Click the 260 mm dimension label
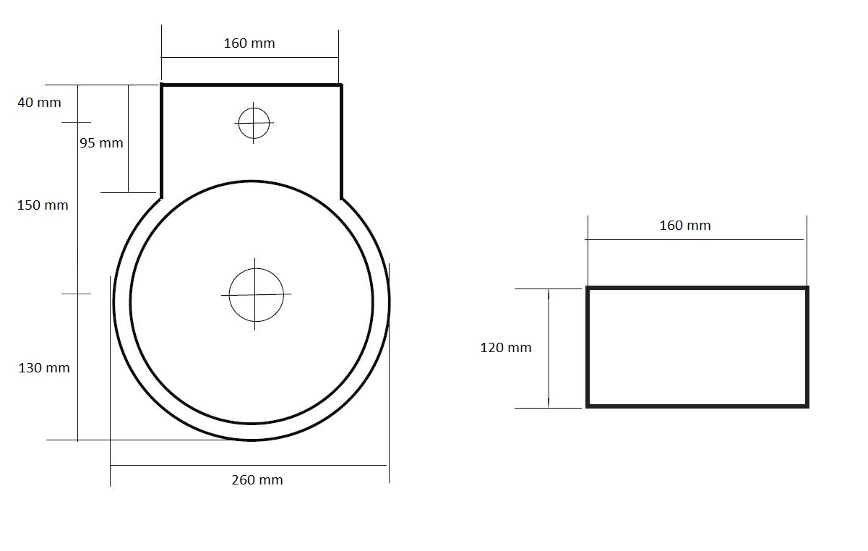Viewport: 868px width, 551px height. coord(257,480)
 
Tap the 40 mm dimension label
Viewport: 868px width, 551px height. coord(39,103)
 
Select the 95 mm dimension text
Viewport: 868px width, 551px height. coord(101,143)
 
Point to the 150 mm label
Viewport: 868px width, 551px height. coord(43,205)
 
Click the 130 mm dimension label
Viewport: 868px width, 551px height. coord(44,367)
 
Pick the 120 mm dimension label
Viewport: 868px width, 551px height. coord(506,347)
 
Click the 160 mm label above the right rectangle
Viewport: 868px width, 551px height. coord(685,226)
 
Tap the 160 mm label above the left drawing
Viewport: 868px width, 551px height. coord(249,43)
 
